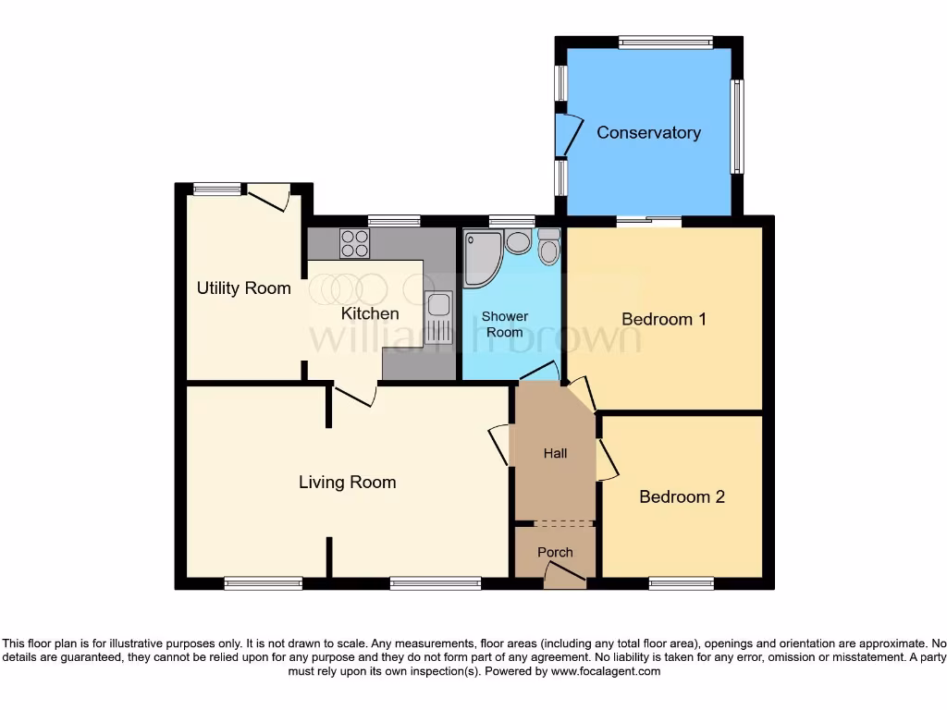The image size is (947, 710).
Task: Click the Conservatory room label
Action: click(x=648, y=132)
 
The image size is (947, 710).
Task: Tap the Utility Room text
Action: click(x=243, y=288)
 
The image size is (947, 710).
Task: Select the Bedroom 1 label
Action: click(x=663, y=319)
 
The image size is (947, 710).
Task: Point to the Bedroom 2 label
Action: click(x=682, y=496)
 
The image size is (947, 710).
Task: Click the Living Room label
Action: click(x=347, y=482)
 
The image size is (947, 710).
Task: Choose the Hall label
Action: click(x=555, y=453)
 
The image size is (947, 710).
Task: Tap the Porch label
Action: click(x=555, y=552)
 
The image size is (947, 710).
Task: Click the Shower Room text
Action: click(x=504, y=324)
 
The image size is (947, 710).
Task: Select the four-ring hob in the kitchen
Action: click(x=354, y=243)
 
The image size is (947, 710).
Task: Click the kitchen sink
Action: click(x=438, y=317)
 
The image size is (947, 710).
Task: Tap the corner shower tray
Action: click(x=480, y=256)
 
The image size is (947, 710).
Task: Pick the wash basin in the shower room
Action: click(x=518, y=242)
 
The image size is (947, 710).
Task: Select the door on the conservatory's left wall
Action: click(x=566, y=135)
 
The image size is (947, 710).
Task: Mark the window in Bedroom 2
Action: click(x=682, y=583)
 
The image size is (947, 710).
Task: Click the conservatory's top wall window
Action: click(x=666, y=42)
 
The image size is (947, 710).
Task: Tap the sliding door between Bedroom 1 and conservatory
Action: click(x=648, y=220)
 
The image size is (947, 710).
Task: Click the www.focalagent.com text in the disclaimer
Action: click(x=605, y=671)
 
